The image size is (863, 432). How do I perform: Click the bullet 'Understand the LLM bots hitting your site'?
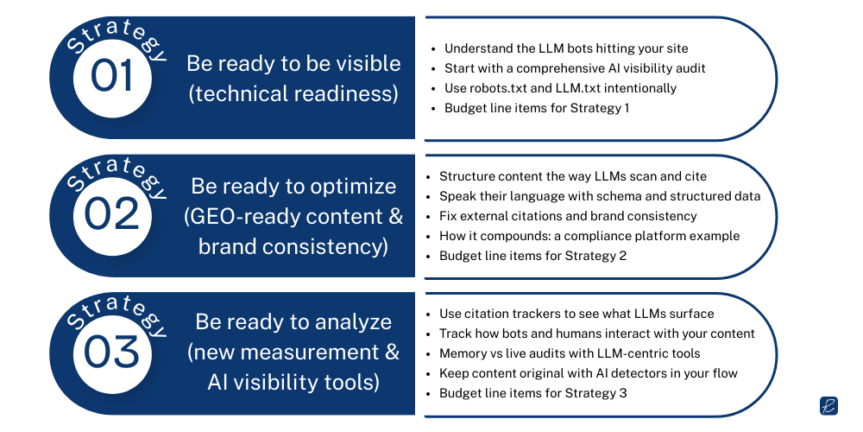(x=566, y=48)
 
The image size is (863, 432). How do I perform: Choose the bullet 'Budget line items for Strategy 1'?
(x=537, y=108)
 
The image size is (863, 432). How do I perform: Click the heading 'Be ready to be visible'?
(x=293, y=63)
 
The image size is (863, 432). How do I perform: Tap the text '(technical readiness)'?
(x=293, y=93)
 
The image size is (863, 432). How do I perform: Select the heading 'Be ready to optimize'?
(x=293, y=186)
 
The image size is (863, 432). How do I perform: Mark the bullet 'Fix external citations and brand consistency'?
(x=568, y=216)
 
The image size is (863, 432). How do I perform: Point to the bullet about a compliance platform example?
(x=589, y=236)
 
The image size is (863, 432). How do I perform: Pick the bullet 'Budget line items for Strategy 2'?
(x=532, y=256)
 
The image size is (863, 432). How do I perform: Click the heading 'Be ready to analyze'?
(x=293, y=322)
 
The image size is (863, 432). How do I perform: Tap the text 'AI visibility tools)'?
(x=293, y=383)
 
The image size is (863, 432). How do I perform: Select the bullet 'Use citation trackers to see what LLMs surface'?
(x=576, y=314)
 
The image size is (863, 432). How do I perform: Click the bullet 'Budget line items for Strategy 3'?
(x=532, y=393)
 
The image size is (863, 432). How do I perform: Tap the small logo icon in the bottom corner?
(x=828, y=406)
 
